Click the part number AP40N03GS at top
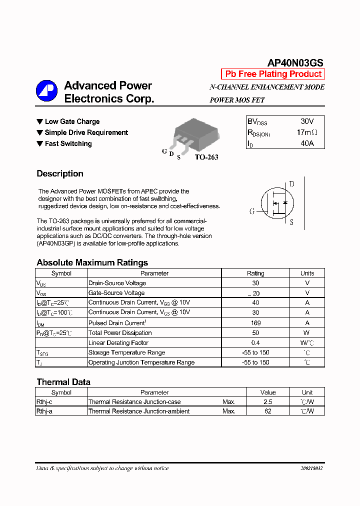point(295,63)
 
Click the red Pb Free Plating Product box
point(273,74)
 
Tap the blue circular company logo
point(46,91)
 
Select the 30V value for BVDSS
point(307,121)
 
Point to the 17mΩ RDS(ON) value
point(306,132)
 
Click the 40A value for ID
point(307,143)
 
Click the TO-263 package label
point(206,157)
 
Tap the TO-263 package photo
point(192,133)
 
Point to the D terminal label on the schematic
point(291,184)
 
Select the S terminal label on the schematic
point(291,222)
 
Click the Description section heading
point(60,173)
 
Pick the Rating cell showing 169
point(255,323)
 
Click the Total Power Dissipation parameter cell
point(120,333)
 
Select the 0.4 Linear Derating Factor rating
point(255,343)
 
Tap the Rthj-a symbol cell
point(45,411)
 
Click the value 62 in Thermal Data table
point(268,411)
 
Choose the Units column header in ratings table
point(307,273)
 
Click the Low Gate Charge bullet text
point(72,121)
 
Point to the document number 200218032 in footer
point(311,468)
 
